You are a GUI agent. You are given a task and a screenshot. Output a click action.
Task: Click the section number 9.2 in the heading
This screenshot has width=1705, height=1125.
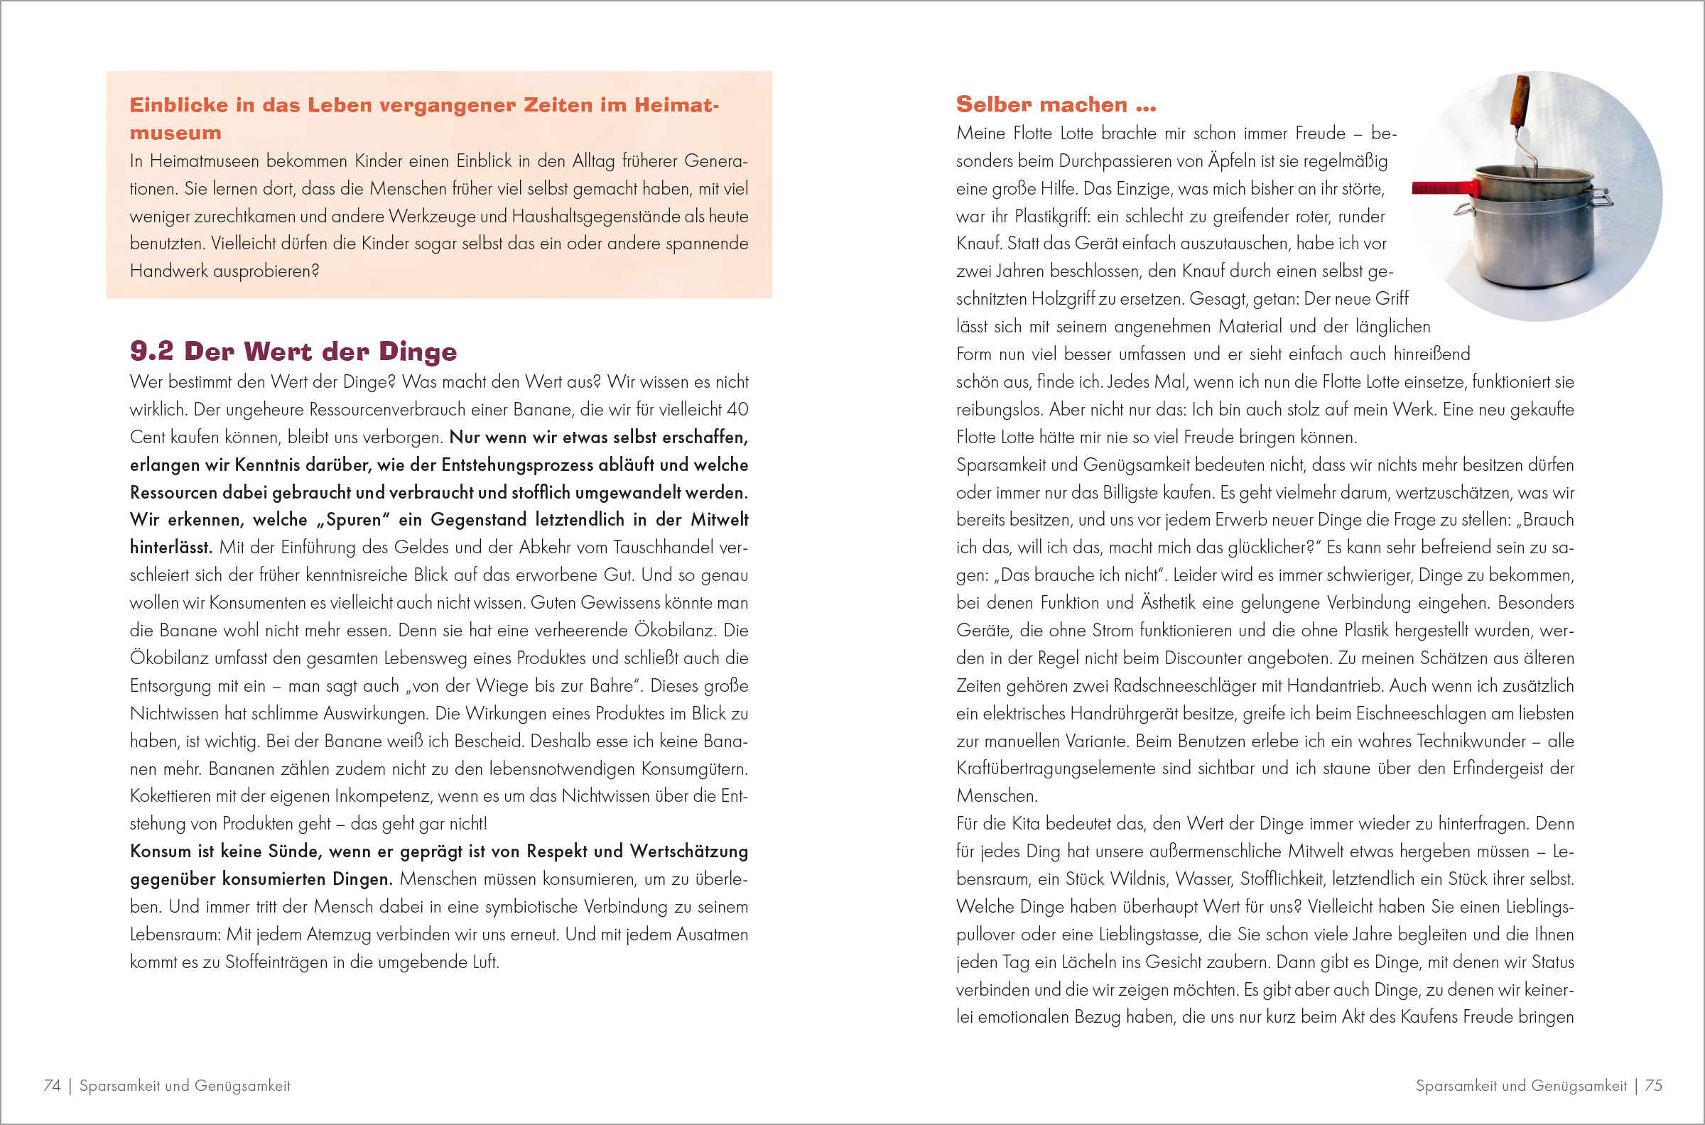tap(151, 351)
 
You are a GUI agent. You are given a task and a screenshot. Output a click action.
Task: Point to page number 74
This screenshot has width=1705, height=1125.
tap(52, 1085)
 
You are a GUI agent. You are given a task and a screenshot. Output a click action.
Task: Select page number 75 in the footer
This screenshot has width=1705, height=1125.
tap(1653, 1085)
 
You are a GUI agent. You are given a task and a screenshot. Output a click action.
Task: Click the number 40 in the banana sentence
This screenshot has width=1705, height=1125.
tap(737, 410)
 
